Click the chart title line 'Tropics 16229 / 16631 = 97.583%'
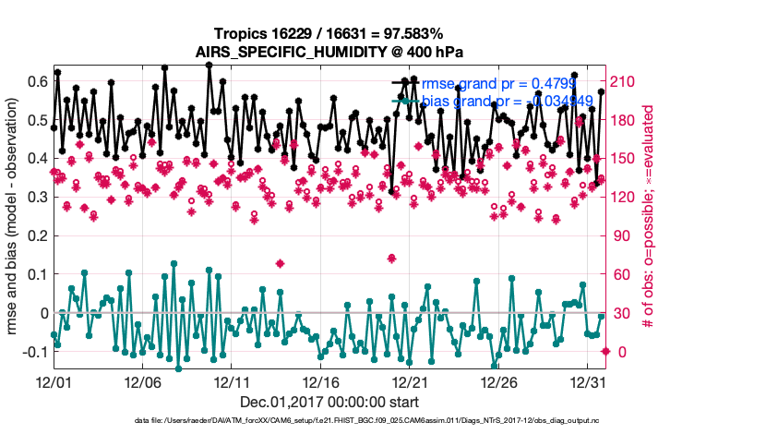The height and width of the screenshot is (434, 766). pos(383,33)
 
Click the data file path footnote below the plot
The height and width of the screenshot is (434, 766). pos(383,420)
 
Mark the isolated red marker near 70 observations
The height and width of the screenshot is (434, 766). pos(391,258)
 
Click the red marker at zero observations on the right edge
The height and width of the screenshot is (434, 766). pos(605,351)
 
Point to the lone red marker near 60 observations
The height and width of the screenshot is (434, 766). pos(280,263)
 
